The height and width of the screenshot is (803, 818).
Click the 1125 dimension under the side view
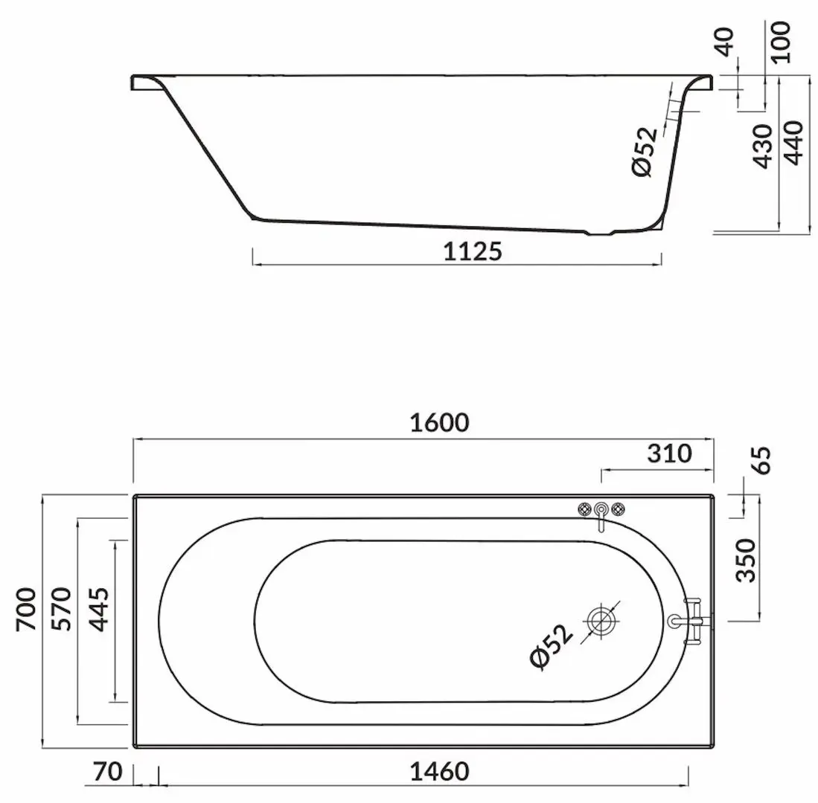click(473, 251)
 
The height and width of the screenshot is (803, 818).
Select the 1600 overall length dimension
click(439, 422)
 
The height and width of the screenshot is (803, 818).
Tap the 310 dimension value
click(669, 453)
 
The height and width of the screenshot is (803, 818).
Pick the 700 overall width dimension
click(27, 609)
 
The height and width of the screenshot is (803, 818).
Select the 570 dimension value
click(62, 609)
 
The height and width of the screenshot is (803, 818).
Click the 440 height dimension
click(794, 144)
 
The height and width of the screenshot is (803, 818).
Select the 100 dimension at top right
click(779, 42)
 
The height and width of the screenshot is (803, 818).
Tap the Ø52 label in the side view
click(645, 152)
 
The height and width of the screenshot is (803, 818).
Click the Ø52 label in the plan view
click(552, 648)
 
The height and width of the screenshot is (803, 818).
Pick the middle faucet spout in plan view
click(600, 512)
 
